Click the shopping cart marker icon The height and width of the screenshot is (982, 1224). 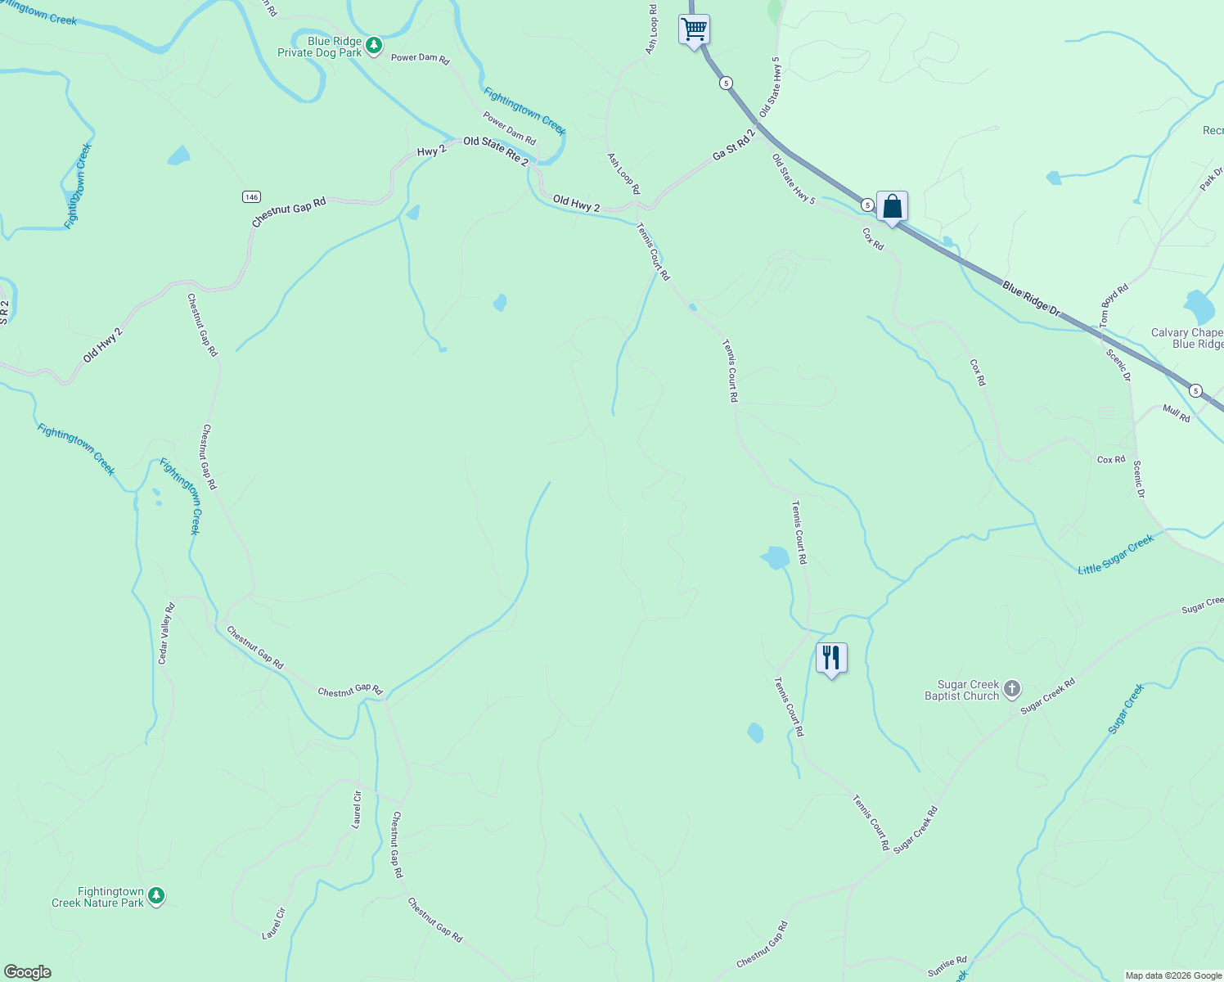click(x=694, y=29)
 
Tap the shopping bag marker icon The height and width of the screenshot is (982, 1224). click(x=892, y=206)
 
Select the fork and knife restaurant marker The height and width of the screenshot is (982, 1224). click(x=831, y=657)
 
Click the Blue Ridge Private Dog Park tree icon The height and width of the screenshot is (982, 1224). click(x=374, y=45)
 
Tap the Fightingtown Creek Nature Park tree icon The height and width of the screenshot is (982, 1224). click(x=156, y=896)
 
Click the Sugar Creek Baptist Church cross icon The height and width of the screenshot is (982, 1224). click(x=1012, y=689)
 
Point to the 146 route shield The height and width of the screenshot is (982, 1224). click(x=251, y=196)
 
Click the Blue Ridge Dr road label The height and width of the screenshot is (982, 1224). click(x=1031, y=300)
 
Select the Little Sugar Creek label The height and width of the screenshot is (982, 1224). click(x=1115, y=555)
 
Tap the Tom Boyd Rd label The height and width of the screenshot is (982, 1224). click(x=1114, y=306)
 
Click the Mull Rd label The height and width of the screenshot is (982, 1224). click(x=1177, y=413)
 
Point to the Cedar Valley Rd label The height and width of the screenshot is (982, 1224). click(x=167, y=633)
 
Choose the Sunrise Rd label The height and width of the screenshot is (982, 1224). click(x=947, y=966)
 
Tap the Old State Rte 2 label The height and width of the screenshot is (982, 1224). click(x=496, y=151)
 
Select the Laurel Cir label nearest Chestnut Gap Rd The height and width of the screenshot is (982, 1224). click(x=357, y=809)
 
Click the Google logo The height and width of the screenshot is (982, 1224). click(x=28, y=972)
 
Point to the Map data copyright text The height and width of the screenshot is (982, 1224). click(x=1173, y=975)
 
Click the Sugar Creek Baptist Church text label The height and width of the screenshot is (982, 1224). click(x=962, y=690)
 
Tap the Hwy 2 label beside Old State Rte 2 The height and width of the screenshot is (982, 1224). click(x=431, y=151)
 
